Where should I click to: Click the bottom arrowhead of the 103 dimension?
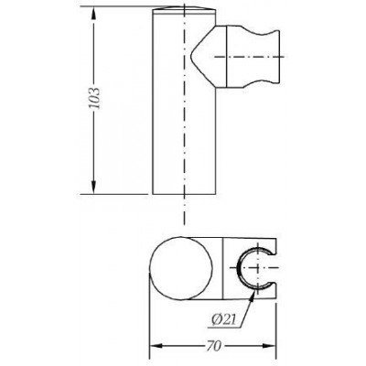coord(94,190)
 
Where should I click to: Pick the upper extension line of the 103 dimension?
coord(119,9)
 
